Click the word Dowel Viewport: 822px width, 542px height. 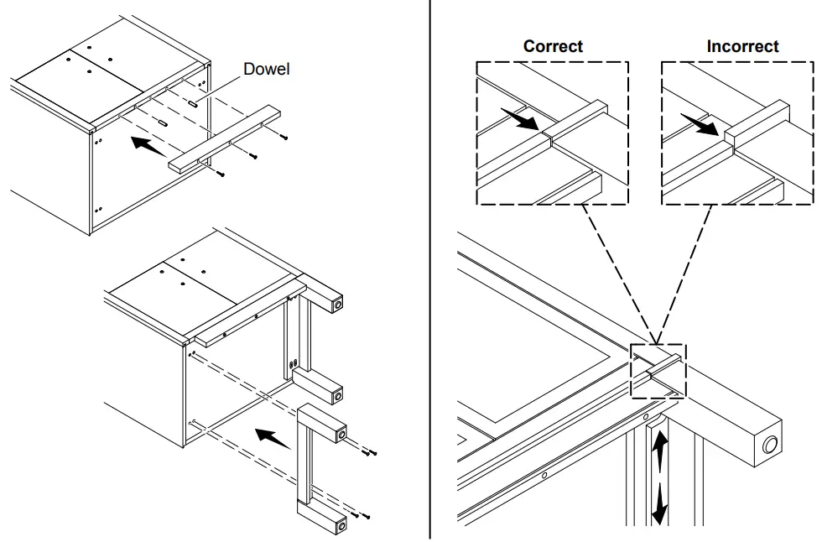coord(266,69)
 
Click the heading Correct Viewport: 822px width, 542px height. coord(553,46)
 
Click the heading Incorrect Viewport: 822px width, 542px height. coord(742,46)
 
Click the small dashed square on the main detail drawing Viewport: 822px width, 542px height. coord(658,371)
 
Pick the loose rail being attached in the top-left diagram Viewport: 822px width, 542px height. coord(226,138)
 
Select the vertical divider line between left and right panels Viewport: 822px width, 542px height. coord(430,268)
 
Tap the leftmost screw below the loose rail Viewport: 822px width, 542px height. coord(220,173)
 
